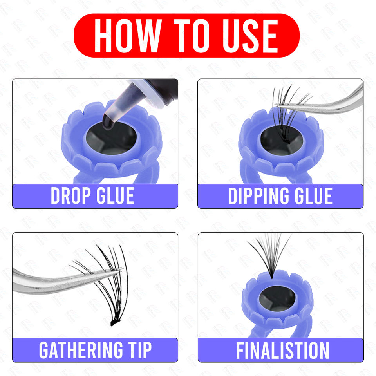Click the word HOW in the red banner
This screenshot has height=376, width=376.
click(x=127, y=36)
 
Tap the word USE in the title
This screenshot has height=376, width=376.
click(x=250, y=36)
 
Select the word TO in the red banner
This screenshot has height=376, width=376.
click(x=191, y=36)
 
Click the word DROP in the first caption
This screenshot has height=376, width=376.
click(x=71, y=196)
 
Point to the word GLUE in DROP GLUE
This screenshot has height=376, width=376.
click(x=115, y=196)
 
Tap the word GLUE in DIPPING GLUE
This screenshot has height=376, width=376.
click(x=313, y=196)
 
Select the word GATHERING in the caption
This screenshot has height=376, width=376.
click(x=81, y=350)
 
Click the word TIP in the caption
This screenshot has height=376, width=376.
click(x=140, y=350)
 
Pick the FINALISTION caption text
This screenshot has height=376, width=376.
click(x=282, y=350)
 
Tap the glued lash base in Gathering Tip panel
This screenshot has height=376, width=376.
click(x=113, y=323)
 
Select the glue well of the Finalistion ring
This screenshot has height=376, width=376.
click(x=277, y=298)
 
